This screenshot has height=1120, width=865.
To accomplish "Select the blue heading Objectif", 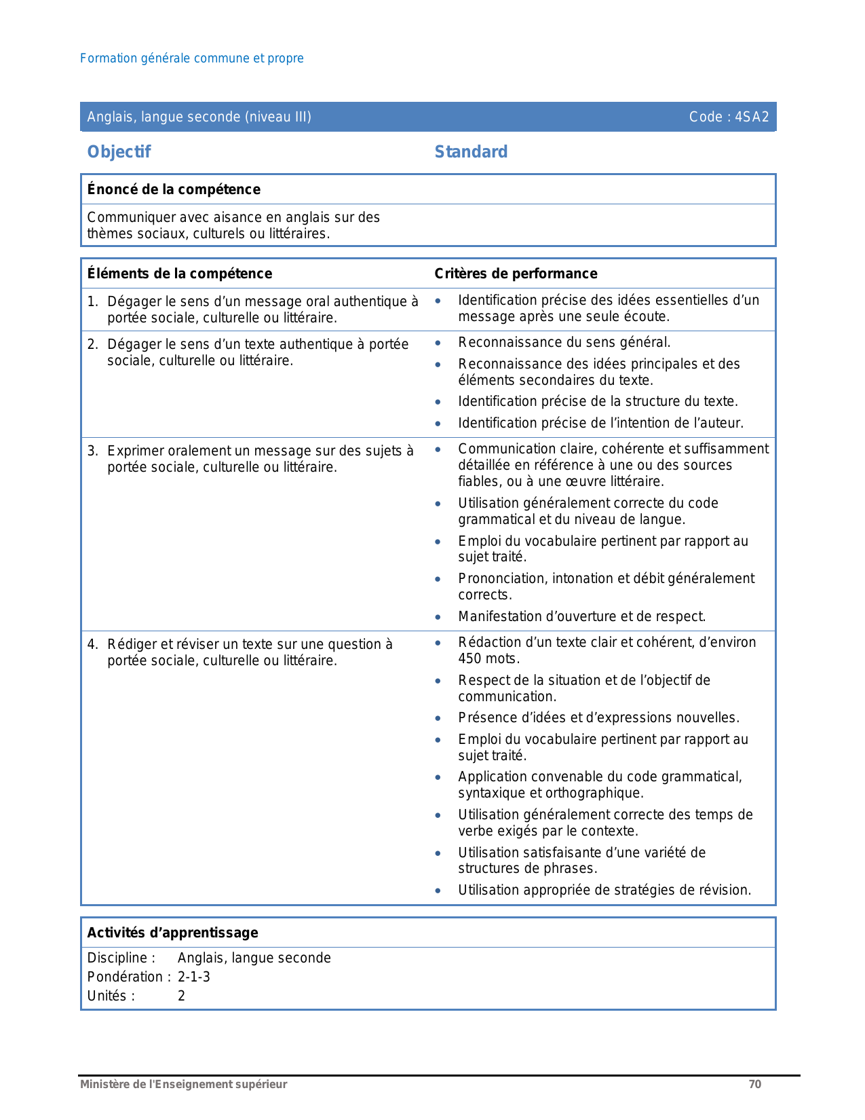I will tap(119, 152).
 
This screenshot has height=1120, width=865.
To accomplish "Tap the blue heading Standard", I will tap(471, 152).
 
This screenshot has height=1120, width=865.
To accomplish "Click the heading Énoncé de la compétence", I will tap(174, 189).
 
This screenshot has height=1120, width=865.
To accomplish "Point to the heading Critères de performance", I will tap(516, 274).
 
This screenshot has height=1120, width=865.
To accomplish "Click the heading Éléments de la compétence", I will tap(179, 274).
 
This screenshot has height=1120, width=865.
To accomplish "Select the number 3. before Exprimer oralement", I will tap(93, 451).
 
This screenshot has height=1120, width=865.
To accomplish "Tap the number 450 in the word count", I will tap(469, 659).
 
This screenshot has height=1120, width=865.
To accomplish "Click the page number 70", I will tap(754, 1085).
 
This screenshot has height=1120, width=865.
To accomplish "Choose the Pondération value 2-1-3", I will tap(194, 977).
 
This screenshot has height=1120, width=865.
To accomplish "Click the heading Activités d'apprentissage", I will tap(172, 933).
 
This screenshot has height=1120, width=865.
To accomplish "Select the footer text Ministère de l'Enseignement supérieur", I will tap(183, 1085).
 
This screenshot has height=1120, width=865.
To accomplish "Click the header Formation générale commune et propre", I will tap(191, 58).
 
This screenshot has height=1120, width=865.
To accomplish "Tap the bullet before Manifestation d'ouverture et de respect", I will tap(438, 618).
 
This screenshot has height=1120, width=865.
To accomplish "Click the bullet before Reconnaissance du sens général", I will tap(438, 343).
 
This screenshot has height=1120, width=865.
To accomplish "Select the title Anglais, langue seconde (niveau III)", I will tap(199, 117).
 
